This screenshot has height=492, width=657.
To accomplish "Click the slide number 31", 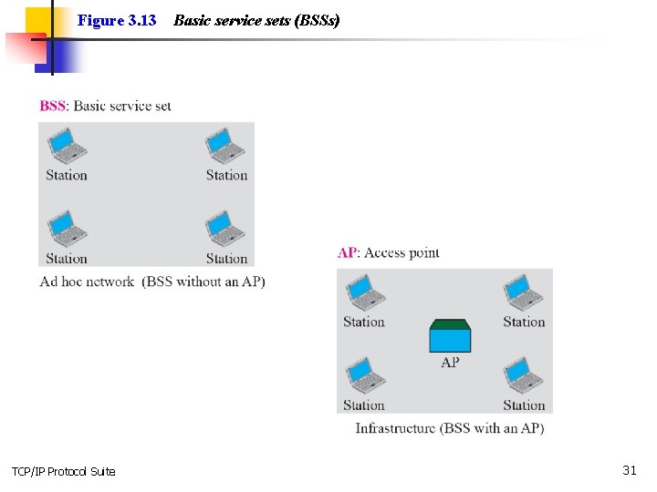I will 629,470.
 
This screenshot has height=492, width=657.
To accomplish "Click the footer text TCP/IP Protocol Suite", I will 64,471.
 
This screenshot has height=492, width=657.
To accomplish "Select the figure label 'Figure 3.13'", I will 117,20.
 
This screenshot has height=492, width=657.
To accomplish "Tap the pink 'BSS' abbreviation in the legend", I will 53,106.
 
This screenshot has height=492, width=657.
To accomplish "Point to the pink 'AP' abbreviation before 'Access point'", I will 347,253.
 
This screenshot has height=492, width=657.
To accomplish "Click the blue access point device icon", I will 450,336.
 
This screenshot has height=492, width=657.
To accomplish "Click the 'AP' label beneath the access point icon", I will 450,362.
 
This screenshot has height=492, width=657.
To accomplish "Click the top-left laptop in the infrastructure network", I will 364,292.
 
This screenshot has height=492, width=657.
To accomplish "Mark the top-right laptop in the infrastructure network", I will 524,292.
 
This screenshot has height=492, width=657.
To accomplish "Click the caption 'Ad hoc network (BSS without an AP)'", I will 152,282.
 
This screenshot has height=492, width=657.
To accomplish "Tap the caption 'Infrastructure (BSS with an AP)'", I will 449,428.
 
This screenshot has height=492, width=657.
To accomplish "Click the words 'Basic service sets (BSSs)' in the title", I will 256,20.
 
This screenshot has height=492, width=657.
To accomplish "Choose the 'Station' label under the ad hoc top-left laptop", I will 67,175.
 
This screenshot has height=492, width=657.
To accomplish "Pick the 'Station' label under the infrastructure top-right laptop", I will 524,322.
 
